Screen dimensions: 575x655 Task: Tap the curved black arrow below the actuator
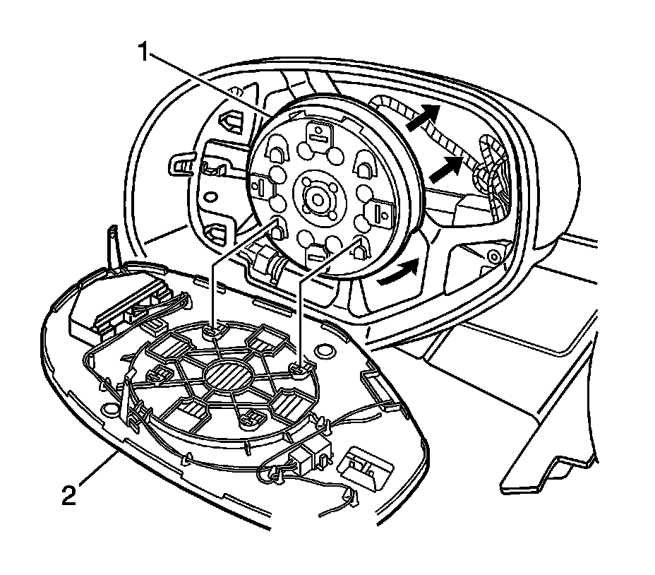(396, 273)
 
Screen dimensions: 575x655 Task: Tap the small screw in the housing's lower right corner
(494, 254)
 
